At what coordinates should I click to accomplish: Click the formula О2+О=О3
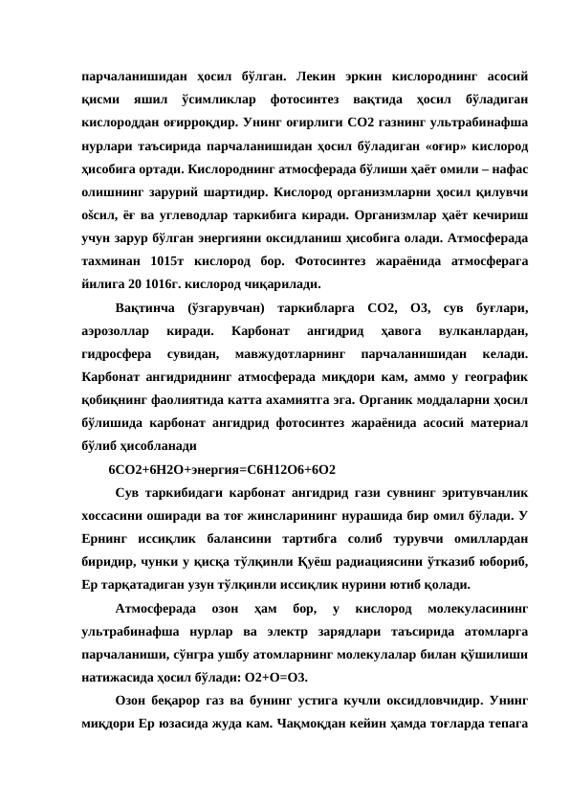(x=271, y=676)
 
